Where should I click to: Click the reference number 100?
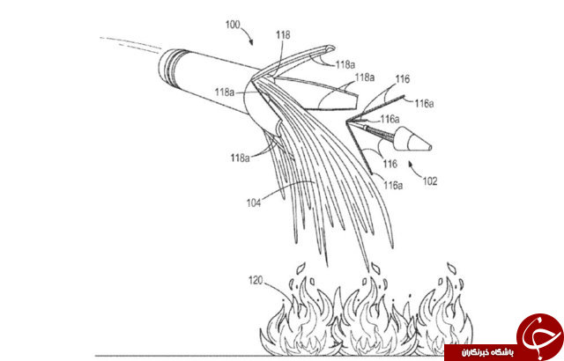coord(233,25)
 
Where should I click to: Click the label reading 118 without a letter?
coord(283,35)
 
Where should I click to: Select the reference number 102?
coord(430,180)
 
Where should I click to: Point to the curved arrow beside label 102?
coord(415,170)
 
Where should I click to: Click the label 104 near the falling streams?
coord(254,203)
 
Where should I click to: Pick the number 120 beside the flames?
coord(256,280)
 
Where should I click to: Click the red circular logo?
coord(539,335)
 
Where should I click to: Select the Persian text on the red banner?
coord(488,352)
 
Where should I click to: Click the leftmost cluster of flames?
coord(298,316)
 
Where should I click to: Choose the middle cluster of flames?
coord(374,316)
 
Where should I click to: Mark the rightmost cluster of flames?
coord(445,315)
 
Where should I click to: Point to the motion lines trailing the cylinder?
coord(131,43)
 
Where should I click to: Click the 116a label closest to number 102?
coord(393,186)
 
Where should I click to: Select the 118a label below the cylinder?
coord(240,158)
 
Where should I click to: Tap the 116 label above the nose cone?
coord(403,79)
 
